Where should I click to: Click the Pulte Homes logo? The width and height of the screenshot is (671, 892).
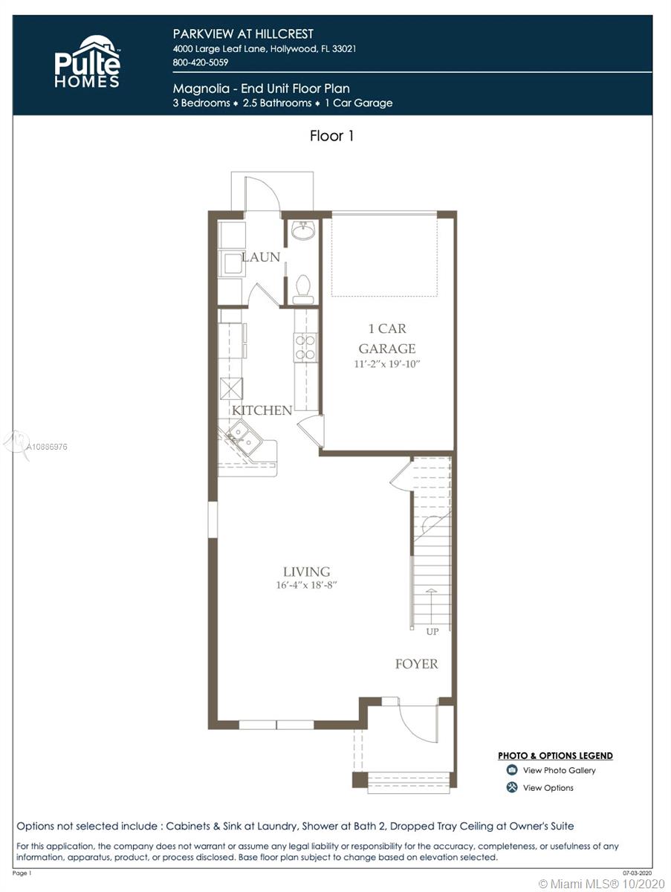88,62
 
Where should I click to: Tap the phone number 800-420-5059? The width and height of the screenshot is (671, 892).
200,62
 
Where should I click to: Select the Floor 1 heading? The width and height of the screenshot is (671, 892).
331,135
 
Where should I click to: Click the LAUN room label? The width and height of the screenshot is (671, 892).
261,257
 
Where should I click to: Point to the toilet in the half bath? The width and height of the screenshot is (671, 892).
303,289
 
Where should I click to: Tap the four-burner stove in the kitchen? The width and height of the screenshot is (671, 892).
305,347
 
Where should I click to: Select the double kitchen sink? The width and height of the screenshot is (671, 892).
243,437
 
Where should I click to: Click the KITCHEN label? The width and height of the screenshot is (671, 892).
262,410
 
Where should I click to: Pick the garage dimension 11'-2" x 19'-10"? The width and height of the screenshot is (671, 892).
386,363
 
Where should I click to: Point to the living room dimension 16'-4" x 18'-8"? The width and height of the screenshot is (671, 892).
307,585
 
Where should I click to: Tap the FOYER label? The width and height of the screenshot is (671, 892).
417,664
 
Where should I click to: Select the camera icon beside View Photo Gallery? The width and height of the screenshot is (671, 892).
512,770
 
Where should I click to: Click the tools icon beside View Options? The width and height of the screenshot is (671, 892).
512,787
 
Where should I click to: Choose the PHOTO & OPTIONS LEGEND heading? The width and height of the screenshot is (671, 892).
555,756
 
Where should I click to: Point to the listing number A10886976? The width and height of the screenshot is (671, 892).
47,447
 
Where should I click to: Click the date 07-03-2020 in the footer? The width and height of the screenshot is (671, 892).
638,873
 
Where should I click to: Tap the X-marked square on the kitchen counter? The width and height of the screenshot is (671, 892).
232,389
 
